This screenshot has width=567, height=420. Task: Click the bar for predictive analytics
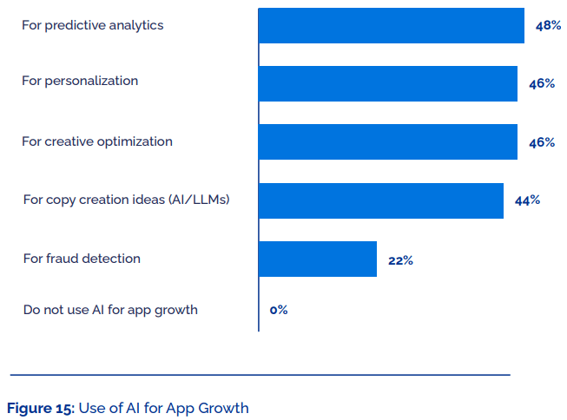tap(391, 25)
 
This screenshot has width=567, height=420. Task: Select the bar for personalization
tap(387, 83)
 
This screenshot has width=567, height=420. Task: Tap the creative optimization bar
tap(387, 141)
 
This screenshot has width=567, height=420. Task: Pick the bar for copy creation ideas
tap(380, 200)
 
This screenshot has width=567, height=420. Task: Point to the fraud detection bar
tap(317, 259)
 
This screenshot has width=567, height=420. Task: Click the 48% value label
tap(548, 26)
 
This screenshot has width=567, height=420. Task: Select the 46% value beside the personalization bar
tap(541, 84)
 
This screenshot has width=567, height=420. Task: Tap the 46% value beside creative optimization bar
tap(541, 142)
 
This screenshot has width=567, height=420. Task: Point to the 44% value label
tap(527, 200)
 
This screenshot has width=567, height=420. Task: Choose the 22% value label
tap(400, 260)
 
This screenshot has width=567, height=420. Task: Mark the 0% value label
tap(279, 310)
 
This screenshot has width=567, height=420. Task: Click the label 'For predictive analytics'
tap(92, 25)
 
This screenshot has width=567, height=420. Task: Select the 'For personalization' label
tap(80, 81)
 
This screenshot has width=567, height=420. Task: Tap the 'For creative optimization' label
tap(97, 141)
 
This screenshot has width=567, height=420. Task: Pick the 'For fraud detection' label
tap(82, 259)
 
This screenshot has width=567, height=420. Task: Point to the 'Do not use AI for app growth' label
tap(110, 310)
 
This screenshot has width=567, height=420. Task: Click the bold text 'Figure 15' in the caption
tap(40, 408)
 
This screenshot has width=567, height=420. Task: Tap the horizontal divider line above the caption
tap(260, 375)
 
